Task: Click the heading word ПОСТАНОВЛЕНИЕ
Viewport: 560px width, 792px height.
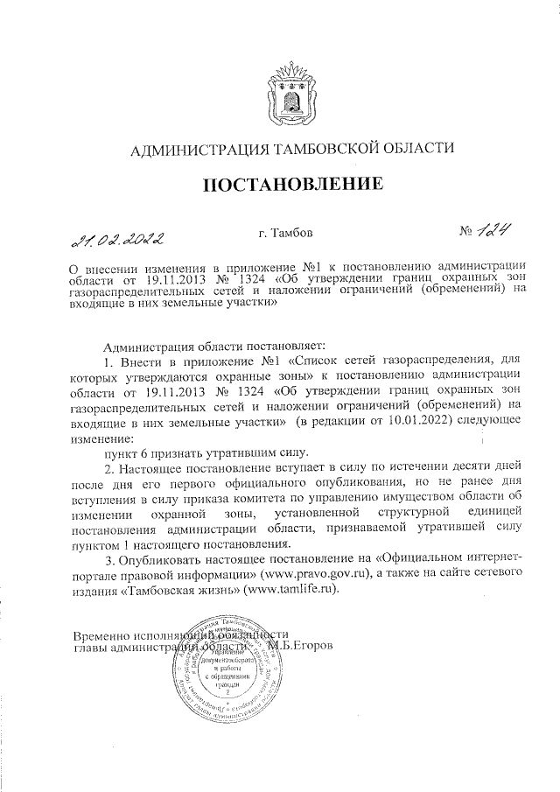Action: pos(294,185)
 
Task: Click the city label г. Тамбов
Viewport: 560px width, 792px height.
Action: pos(284,234)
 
